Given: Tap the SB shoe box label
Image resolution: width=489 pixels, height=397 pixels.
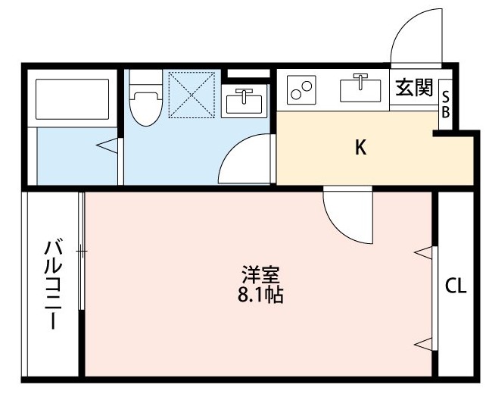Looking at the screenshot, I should coord(446,105).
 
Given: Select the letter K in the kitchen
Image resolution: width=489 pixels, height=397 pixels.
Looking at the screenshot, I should coord(361,148).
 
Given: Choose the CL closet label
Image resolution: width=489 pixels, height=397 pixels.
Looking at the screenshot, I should coord(456,286).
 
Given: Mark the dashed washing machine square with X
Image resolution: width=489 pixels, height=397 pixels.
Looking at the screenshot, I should coord(192,95).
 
